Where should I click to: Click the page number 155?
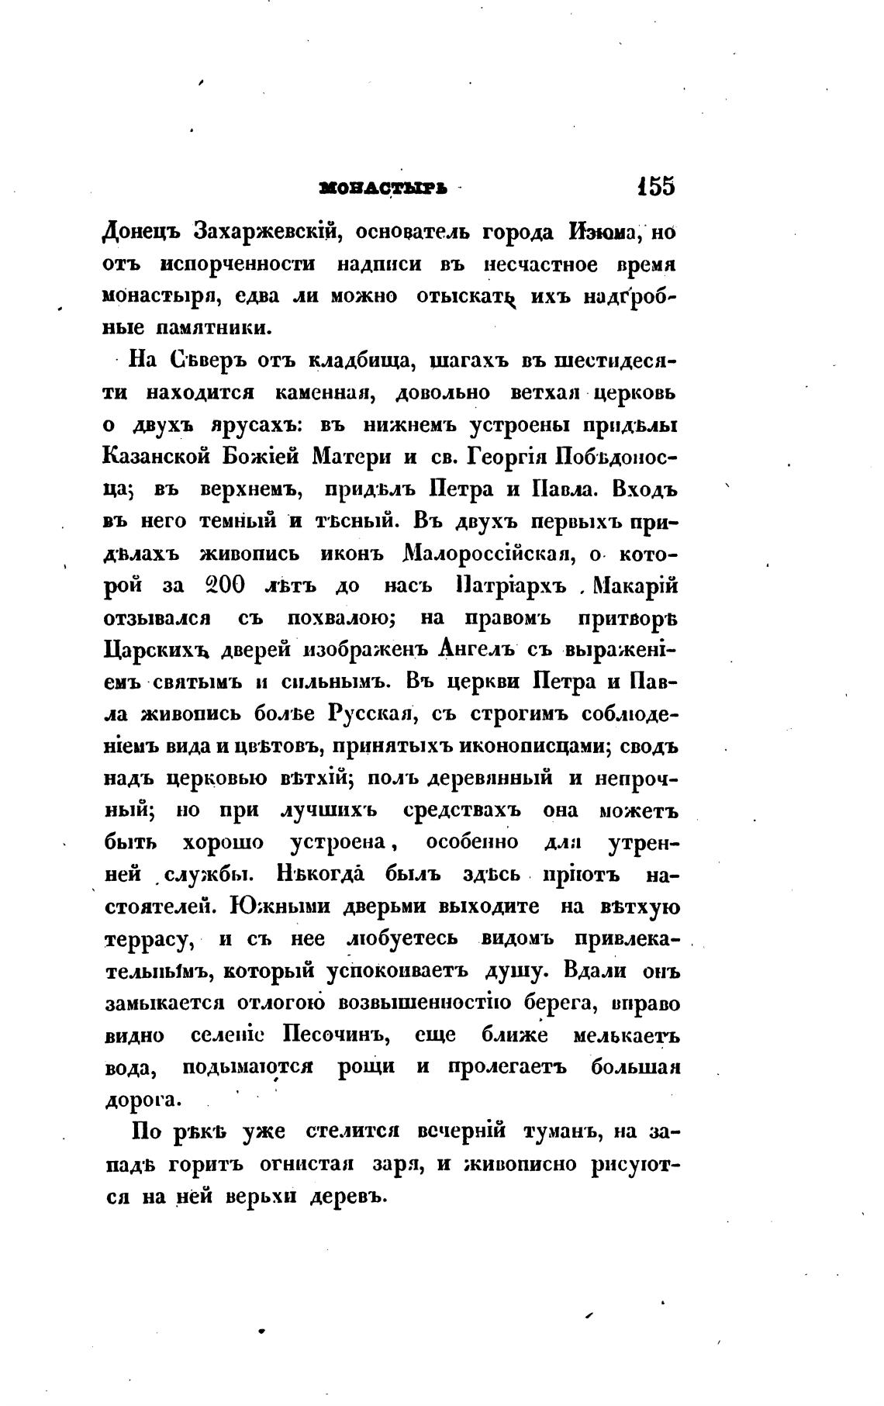tap(655, 188)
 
